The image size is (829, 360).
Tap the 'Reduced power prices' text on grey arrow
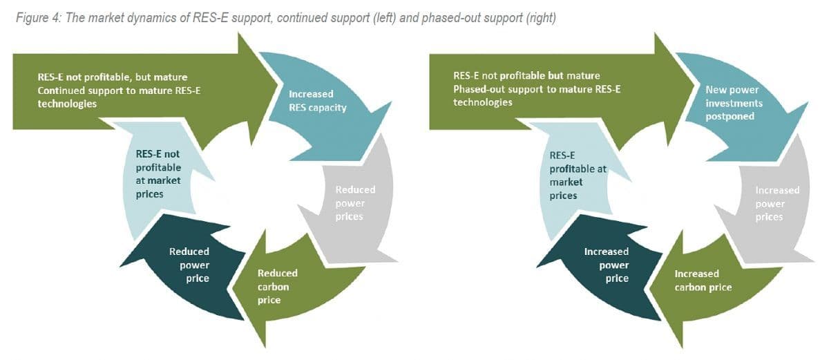point(355,203)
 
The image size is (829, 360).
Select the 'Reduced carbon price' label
point(277,286)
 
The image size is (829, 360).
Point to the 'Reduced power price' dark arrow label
point(189,265)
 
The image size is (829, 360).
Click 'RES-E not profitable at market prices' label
point(158,173)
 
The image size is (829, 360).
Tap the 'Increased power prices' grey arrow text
point(777,203)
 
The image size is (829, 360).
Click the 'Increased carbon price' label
point(703,280)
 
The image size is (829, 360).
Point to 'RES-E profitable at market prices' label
point(569,176)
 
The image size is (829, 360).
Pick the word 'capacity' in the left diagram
point(327,107)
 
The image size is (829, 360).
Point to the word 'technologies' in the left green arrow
point(67,103)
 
